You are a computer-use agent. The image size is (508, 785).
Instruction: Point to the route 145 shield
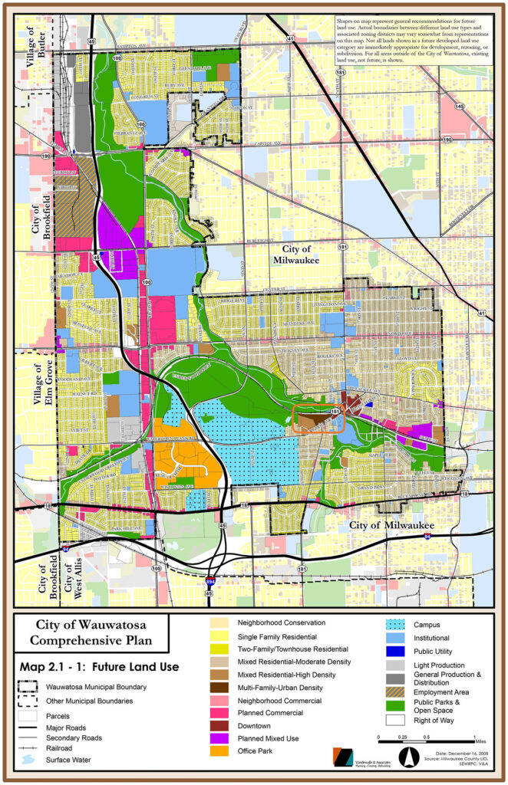[459, 107]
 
